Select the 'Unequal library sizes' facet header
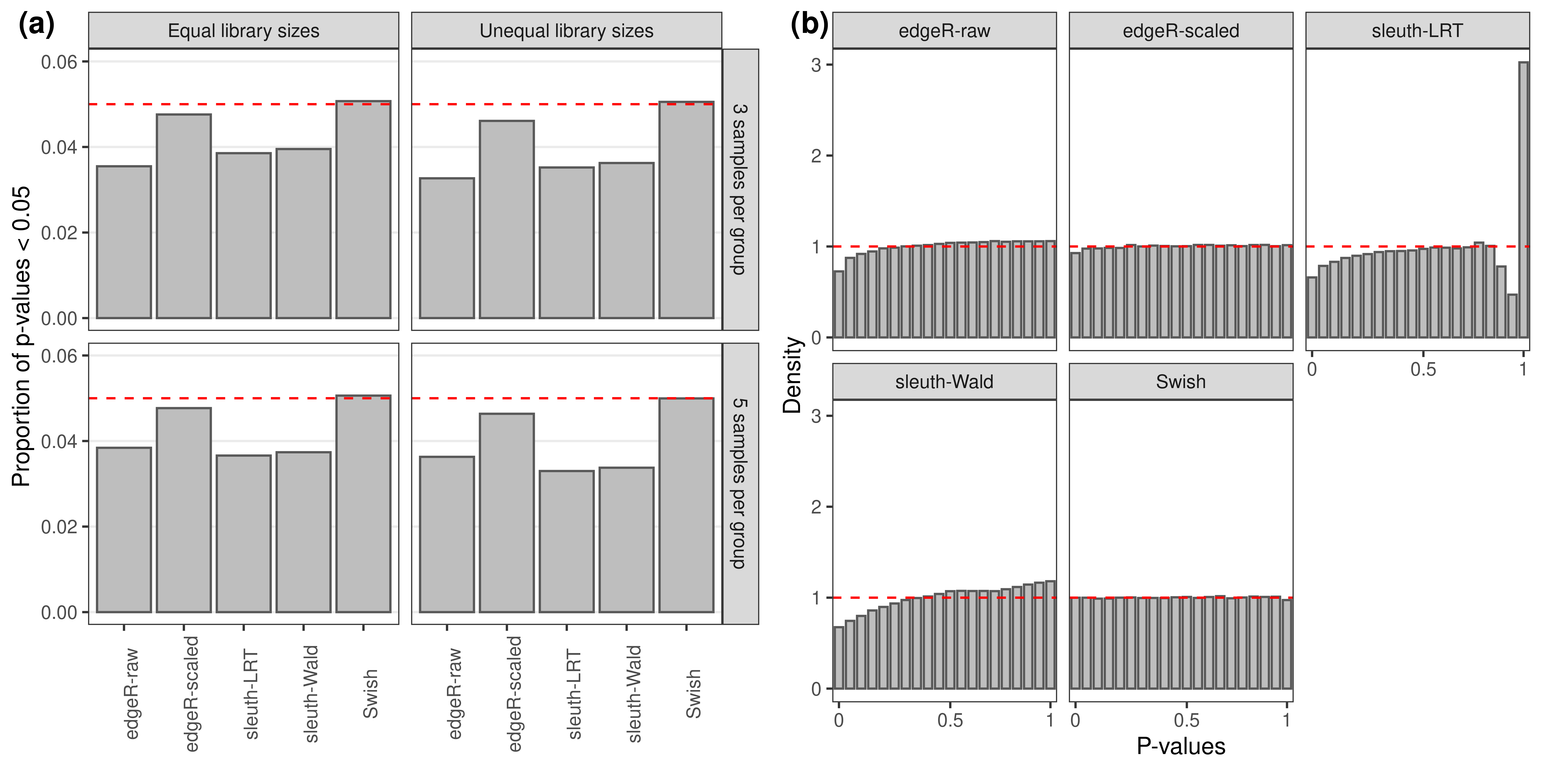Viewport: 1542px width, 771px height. pos(566,31)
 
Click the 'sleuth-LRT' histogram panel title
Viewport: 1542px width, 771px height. pos(1417,31)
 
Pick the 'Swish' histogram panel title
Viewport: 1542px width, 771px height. pos(1180,382)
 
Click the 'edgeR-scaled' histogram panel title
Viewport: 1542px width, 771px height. pos(1180,31)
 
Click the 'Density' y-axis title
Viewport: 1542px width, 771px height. pos(792,375)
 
